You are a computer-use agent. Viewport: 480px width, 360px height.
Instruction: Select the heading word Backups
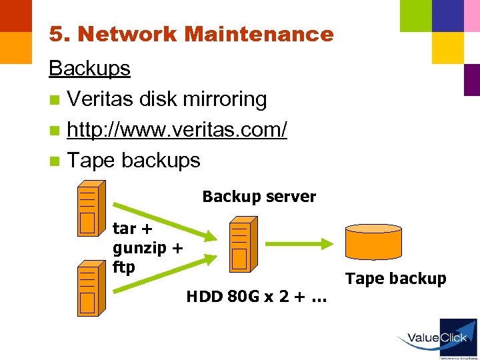click(x=89, y=68)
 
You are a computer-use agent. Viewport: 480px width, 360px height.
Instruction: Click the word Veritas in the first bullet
click(x=101, y=99)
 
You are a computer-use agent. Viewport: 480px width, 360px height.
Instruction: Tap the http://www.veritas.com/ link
click(x=177, y=129)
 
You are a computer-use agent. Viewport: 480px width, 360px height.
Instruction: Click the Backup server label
click(x=259, y=197)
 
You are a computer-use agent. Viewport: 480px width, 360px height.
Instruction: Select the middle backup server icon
click(x=239, y=246)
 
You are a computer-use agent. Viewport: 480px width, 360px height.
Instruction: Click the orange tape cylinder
click(x=373, y=241)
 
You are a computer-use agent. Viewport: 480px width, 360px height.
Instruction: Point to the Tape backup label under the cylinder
click(x=396, y=279)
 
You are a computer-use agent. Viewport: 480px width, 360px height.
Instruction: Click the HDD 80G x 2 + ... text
click(x=257, y=296)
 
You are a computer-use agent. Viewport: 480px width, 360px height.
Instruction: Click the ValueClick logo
click(x=437, y=337)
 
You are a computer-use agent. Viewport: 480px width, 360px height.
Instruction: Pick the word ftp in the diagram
click(x=124, y=267)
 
